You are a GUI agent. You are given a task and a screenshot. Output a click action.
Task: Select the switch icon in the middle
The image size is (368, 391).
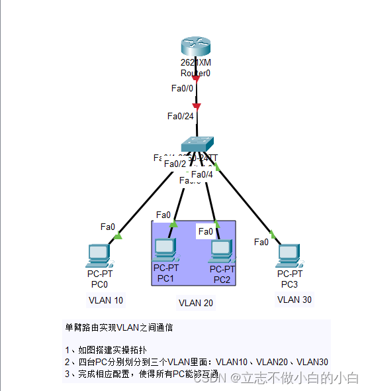click(x=198, y=143)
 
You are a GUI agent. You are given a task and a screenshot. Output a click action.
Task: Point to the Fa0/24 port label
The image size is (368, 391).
click(x=181, y=116)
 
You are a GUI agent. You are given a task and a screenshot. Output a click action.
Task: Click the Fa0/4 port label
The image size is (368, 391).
click(x=202, y=174)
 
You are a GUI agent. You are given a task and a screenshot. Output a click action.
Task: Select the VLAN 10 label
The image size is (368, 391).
click(x=106, y=300)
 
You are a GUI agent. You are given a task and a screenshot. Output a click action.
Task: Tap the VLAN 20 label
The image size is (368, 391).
click(x=196, y=303)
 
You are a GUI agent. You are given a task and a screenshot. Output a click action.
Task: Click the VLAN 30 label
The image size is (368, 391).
click(x=295, y=300)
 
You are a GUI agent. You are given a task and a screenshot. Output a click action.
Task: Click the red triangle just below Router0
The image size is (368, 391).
click(x=196, y=78)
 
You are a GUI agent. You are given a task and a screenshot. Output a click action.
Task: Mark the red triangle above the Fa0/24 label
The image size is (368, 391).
click(x=196, y=105)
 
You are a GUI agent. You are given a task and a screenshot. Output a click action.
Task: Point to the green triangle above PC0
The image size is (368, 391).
click(x=118, y=235)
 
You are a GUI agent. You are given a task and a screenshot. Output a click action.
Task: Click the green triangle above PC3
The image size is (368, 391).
click(x=272, y=234)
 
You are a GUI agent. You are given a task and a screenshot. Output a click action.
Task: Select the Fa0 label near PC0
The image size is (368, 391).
click(x=108, y=227)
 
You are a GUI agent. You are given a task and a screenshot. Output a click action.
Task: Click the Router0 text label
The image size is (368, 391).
click(x=195, y=73)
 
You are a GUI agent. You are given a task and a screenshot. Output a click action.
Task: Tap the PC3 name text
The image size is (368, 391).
click(x=289, y=284)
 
